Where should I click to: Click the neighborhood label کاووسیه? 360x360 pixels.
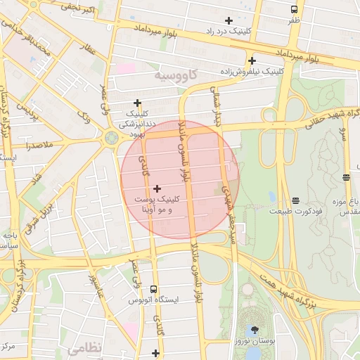click(x=175, y=74)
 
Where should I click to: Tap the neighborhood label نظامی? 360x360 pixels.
click(x=85, y=347)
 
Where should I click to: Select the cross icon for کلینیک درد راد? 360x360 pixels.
click(x=228, y=20)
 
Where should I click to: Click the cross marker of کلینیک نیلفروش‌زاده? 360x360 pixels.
click(x=252, y=60)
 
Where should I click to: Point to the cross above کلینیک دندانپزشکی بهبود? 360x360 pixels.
click(x=138, y=103)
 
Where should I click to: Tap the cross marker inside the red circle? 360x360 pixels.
click(x=157, y=188)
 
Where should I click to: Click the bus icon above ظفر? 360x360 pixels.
click(x=294, y=9)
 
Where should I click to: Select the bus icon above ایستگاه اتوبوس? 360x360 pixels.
click(x=153, y=289)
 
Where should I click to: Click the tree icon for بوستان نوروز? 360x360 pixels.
click(x=255, y=329)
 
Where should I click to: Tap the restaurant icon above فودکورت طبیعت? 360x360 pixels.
click(x=295, y=200)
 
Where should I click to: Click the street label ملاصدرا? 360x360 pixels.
click(x=29, y=147)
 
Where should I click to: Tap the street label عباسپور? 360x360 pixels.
click(x=96, y=286)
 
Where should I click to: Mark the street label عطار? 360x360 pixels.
click(x=89, y=49)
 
